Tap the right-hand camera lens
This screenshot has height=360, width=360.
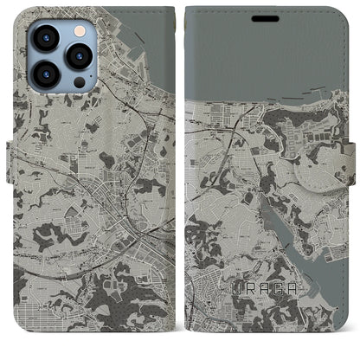(79, 56)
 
